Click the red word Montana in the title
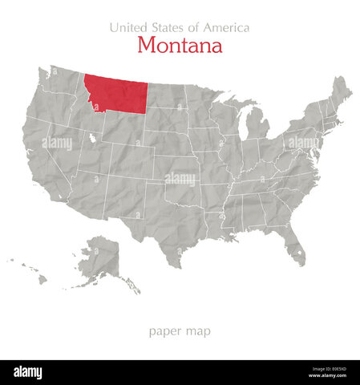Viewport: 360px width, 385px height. click(x=180, y=46)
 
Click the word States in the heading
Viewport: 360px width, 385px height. click(x=169, y=27)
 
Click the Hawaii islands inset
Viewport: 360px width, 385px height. click(x=32, y=272)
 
